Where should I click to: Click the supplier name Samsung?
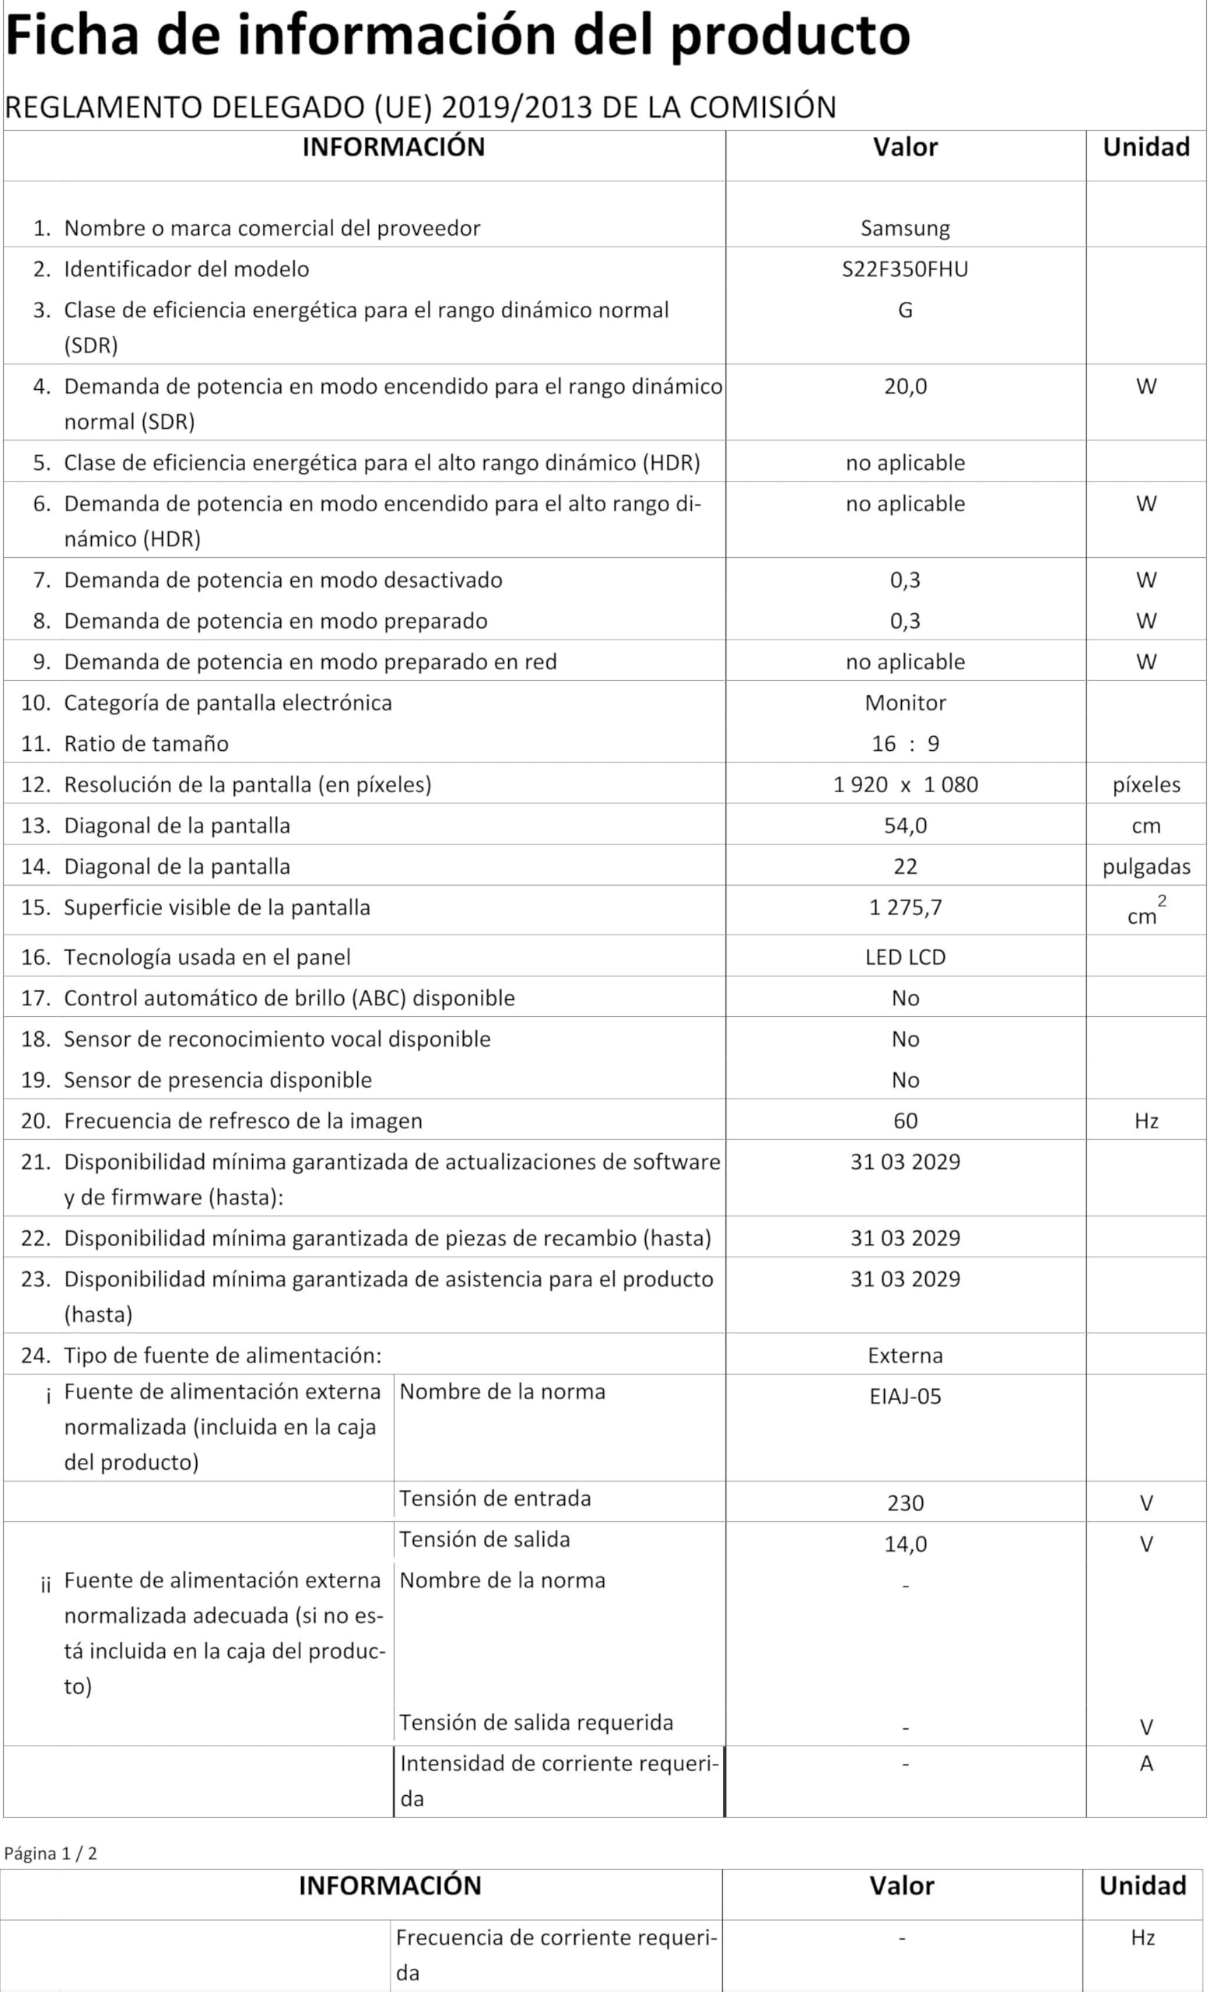[904, 228]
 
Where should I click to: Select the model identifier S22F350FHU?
[904, 269]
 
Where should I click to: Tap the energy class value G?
[904, 310]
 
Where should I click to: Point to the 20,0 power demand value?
[904, 387]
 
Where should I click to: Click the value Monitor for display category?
[904, 703]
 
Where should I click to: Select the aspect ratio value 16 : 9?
[904, 744]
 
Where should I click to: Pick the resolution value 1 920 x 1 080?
[904, 785]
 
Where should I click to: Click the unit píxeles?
[1145, 785]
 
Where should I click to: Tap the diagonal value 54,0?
[904, 826]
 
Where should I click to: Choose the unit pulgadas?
[1145, 867]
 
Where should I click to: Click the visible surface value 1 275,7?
[904, 908]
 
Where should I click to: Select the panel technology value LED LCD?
[904, 957]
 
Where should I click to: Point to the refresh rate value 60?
[904, 1121]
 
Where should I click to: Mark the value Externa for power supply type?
[904, 1355]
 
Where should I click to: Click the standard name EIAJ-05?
[904, 1397]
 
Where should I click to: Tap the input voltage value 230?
[904, 1503]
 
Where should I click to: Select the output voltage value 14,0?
[904, 1544]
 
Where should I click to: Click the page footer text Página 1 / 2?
[50, 1853]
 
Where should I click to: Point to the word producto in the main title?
[790, 36]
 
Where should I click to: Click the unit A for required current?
[1145, 1764]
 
